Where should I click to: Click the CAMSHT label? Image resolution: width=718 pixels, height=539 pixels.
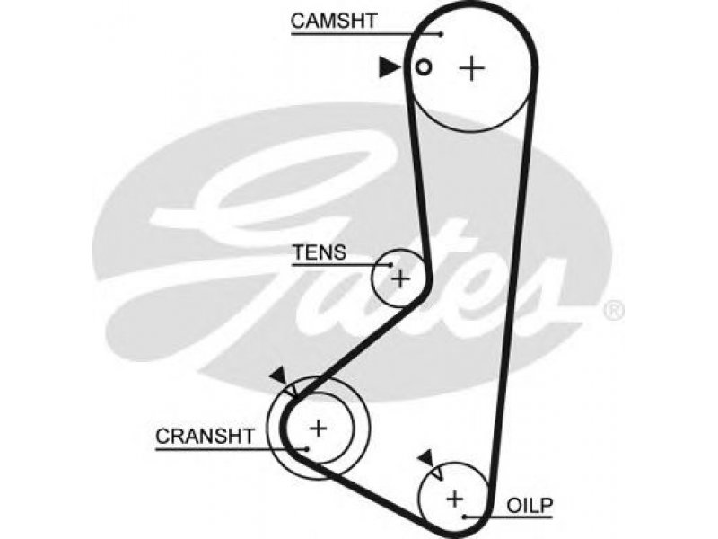pyautogui.click(x=333, y=21)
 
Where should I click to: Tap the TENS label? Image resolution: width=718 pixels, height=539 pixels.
pyautogui.click(x=320, y=252)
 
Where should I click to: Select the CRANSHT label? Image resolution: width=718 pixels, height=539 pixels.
pyautogui.click(x=205, y=436)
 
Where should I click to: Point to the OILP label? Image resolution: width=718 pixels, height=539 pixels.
pyautogui.click(x=530, y=505)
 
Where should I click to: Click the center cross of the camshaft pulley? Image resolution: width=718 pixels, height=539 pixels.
pyautogui.click(x=472, y=69)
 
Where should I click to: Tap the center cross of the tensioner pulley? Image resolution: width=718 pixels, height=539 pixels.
pyautogui.click(x=400, y=278)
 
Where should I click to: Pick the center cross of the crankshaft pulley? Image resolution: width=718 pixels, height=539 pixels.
pyautogui.click(x=318, y=429)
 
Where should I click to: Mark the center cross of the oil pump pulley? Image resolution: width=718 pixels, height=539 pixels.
pyautogui.click(x=455, y=499)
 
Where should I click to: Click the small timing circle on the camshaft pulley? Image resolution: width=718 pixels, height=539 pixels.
pyautogui.click(x=424, y=67)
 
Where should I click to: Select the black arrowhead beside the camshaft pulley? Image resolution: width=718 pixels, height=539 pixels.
pyautogui.click(x=390, y=67)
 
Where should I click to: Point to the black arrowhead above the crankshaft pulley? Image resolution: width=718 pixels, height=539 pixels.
pyautogui.click(x=278, y=376)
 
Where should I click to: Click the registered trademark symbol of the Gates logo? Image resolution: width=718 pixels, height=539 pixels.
pyautogui.click(x=614, y=310)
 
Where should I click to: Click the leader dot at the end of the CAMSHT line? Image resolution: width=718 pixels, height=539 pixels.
pyautogui.click(x=441, y=34)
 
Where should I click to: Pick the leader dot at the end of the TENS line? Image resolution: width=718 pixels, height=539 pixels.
pyautogui.click(x=390, y=264)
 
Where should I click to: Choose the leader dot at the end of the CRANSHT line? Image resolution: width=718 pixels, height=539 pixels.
pyautogui.click(x=307, y=448)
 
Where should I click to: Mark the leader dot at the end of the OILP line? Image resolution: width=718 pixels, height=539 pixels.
pyautogui.click(x=464, y=517)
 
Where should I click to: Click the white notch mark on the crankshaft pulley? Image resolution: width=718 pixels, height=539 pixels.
pyautogui.click(x=293, y=391)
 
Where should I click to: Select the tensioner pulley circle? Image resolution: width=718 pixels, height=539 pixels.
pyautogui.click(x=372, y=278)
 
